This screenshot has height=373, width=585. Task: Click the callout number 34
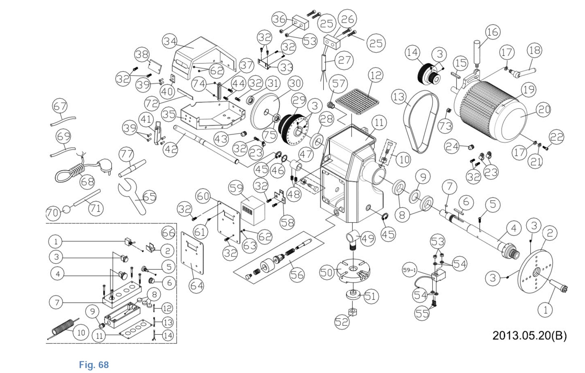click(x=170, y=41)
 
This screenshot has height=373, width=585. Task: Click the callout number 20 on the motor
click(x=544, y=110)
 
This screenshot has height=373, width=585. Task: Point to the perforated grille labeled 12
click(x=357, y=101)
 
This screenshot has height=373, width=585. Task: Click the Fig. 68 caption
click(x=94, y=364)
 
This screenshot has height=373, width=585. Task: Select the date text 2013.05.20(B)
click(x=529, y=335)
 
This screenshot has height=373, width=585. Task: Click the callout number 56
click(x=297, y=275)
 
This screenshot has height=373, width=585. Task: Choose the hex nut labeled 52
click(x=353, y=312)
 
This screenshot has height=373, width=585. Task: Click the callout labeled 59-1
click(x=409, y=270)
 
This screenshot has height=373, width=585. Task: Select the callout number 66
click(x=168, y=233)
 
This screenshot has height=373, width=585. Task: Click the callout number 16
click(x=493, y=32)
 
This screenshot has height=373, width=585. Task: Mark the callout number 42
click(x=171, y=149)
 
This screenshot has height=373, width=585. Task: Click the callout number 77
click(x=126, y=154)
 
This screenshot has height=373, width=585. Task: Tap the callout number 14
click(x=413, y=53)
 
